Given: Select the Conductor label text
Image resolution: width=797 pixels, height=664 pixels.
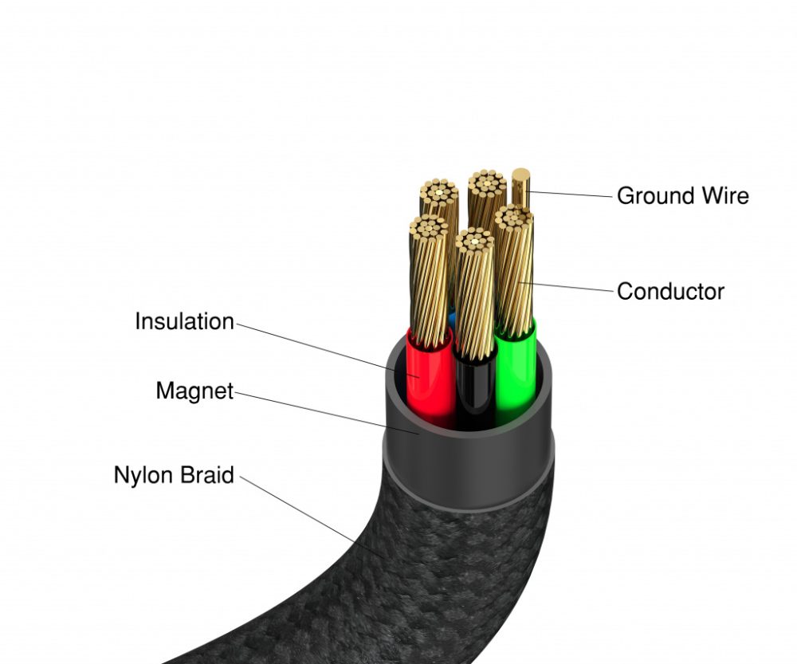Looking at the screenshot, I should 670,291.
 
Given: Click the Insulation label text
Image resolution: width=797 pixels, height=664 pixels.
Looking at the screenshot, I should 184,321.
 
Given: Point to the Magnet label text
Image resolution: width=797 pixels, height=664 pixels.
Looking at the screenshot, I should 194,391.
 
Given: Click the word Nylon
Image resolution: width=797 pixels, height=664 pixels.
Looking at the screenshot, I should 143,475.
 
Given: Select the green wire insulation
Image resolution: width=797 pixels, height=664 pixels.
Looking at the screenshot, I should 514,375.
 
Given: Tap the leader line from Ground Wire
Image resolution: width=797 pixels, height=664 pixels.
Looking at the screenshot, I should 570,194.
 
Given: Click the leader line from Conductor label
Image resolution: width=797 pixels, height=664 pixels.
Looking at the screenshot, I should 570,286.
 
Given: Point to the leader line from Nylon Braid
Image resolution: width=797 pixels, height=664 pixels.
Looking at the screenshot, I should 311,515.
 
